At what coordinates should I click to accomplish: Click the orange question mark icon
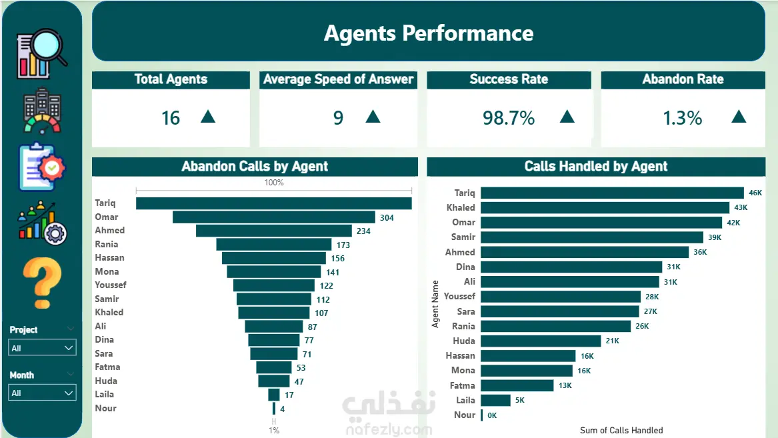point(42,283)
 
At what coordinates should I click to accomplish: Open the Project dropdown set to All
point(42,348)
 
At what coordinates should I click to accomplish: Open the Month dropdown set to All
point(42,393)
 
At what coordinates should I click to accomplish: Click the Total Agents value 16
point(170,118)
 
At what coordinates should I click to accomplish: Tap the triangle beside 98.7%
point(567,117)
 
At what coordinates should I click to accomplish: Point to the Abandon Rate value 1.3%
point(682,118)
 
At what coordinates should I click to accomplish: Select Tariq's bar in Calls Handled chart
point(612,193)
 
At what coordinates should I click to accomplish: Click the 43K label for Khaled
point(741,207)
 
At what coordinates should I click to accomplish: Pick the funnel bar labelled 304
point(274,217)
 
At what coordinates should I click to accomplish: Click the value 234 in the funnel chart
point(363,231)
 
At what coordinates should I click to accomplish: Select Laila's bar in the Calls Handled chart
point(496,400)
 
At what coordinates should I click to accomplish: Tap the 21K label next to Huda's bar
point(612,341)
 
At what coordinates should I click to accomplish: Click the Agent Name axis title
point(435,303)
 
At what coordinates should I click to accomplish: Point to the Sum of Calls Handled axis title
point(621,430)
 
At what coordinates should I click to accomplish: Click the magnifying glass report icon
point(42,53)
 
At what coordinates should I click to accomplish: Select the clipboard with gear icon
point(42,167)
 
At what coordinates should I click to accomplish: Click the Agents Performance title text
point(429,33)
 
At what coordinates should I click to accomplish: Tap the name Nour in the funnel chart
point(106,408)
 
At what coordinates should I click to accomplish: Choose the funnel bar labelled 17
point(274,395)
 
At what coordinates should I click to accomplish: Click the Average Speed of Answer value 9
point(338,118)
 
